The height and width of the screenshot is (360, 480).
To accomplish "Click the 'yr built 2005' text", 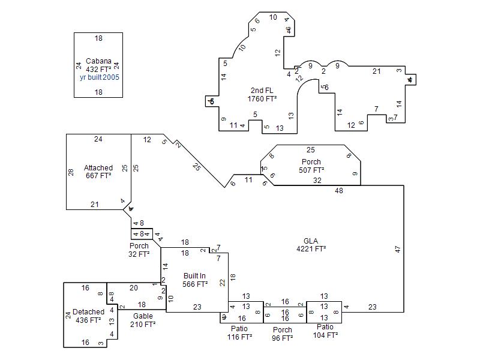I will [x=99, y=77].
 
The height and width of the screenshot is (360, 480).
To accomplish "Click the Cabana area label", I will [x=98, y=65].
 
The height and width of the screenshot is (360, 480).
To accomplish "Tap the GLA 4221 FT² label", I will [x=311, y=245].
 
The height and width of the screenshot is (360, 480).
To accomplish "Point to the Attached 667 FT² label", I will [x=98, y=172].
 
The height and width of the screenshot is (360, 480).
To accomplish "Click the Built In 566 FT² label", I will [x=195, y=280].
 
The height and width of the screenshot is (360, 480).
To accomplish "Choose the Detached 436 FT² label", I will [x=88, y=316].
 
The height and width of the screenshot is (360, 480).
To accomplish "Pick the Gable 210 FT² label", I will [x=143, y=320].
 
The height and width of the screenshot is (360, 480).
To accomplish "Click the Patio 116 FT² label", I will [x=239, y=332].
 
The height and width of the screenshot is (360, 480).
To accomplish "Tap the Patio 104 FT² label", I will [x=325, y=331].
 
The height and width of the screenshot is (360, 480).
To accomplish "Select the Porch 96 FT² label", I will [x=282, y=334].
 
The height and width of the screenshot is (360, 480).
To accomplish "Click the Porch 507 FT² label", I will [x=311, y=166].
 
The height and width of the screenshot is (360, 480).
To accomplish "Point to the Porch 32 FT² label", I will [x=139, y=250].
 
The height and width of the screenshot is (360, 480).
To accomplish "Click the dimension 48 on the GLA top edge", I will [x=339, y=191].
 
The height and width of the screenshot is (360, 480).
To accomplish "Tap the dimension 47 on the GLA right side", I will [x=398, y=249].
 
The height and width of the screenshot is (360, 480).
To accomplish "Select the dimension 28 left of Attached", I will [x=71, y=172].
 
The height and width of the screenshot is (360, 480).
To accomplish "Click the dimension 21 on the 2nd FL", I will [x=376, y=71].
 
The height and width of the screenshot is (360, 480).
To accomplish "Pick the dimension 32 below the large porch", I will [x=317, y=181].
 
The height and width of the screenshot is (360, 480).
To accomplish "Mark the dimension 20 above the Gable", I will [x=133, y=288].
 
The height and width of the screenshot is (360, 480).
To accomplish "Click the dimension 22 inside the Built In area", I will [x=222, y=283].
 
